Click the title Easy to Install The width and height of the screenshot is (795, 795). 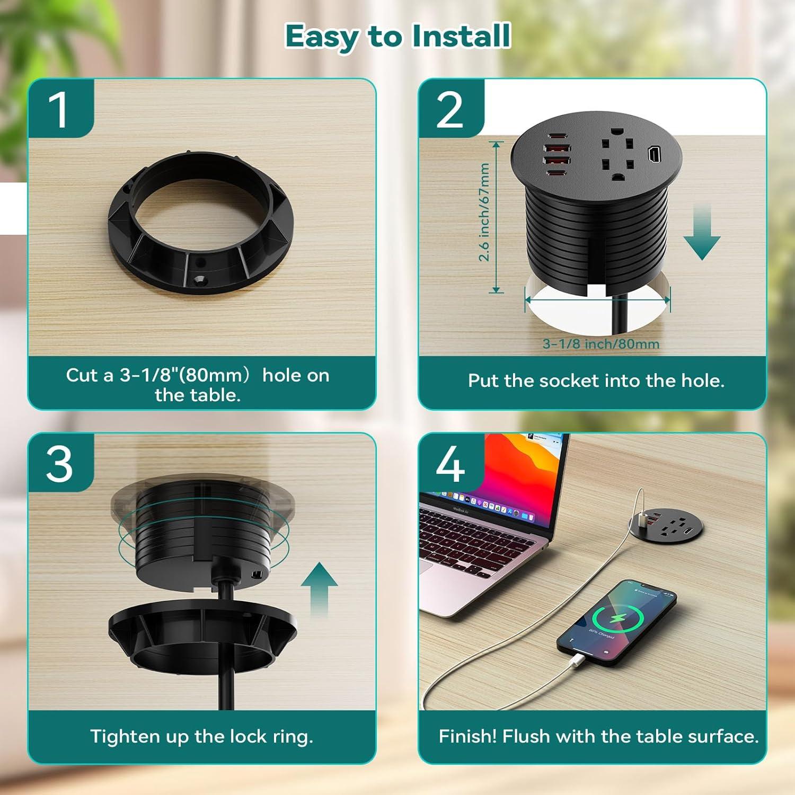pos(397,36)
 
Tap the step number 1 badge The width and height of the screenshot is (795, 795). pos(59,109)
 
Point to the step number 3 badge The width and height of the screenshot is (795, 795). pos(59,463)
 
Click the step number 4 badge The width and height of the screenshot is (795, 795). pos(450,463)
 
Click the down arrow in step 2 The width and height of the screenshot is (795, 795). pos(702,233)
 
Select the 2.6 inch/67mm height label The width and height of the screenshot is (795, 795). pos(484,212)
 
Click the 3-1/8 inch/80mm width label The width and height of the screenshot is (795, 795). pos(600,344)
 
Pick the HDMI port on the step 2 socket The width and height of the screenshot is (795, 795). pos(653,155)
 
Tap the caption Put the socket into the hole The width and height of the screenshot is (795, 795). pos(596,381)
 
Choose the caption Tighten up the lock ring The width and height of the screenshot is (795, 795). pos(201,736)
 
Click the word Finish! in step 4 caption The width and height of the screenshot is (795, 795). pos(467,736)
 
